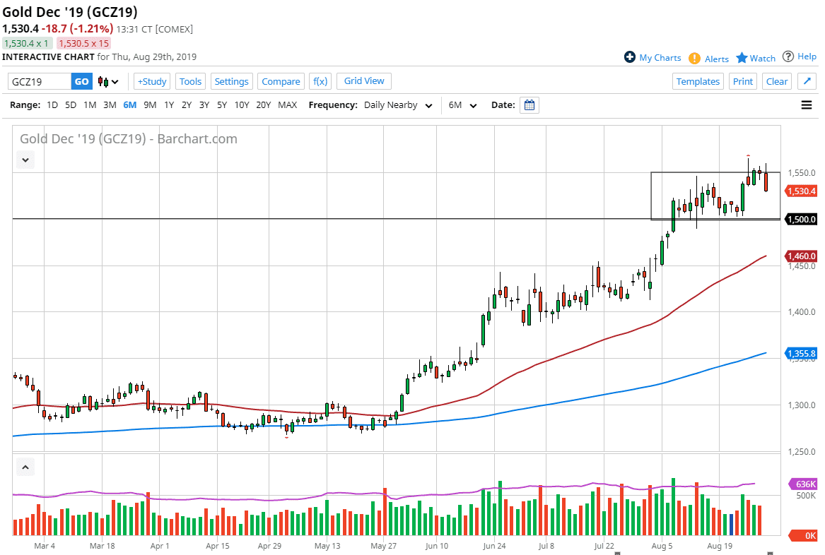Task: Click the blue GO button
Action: [82, 81]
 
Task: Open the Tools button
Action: [190, 81]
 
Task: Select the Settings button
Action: [231, 81]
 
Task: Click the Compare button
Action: [281, 81]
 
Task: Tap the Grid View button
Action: [364, 81]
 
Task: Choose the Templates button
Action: [698, 81]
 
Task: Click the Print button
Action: [743, 81]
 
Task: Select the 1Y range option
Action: [169, 105]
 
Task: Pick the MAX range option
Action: [288, 105]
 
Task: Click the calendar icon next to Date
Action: [529, 105]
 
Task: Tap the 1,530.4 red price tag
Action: [801, 191]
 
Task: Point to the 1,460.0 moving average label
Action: [801, 256]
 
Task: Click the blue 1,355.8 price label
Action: [801, 353]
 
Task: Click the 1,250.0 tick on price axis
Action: [801, 452]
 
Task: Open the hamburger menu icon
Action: [807, 105]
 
